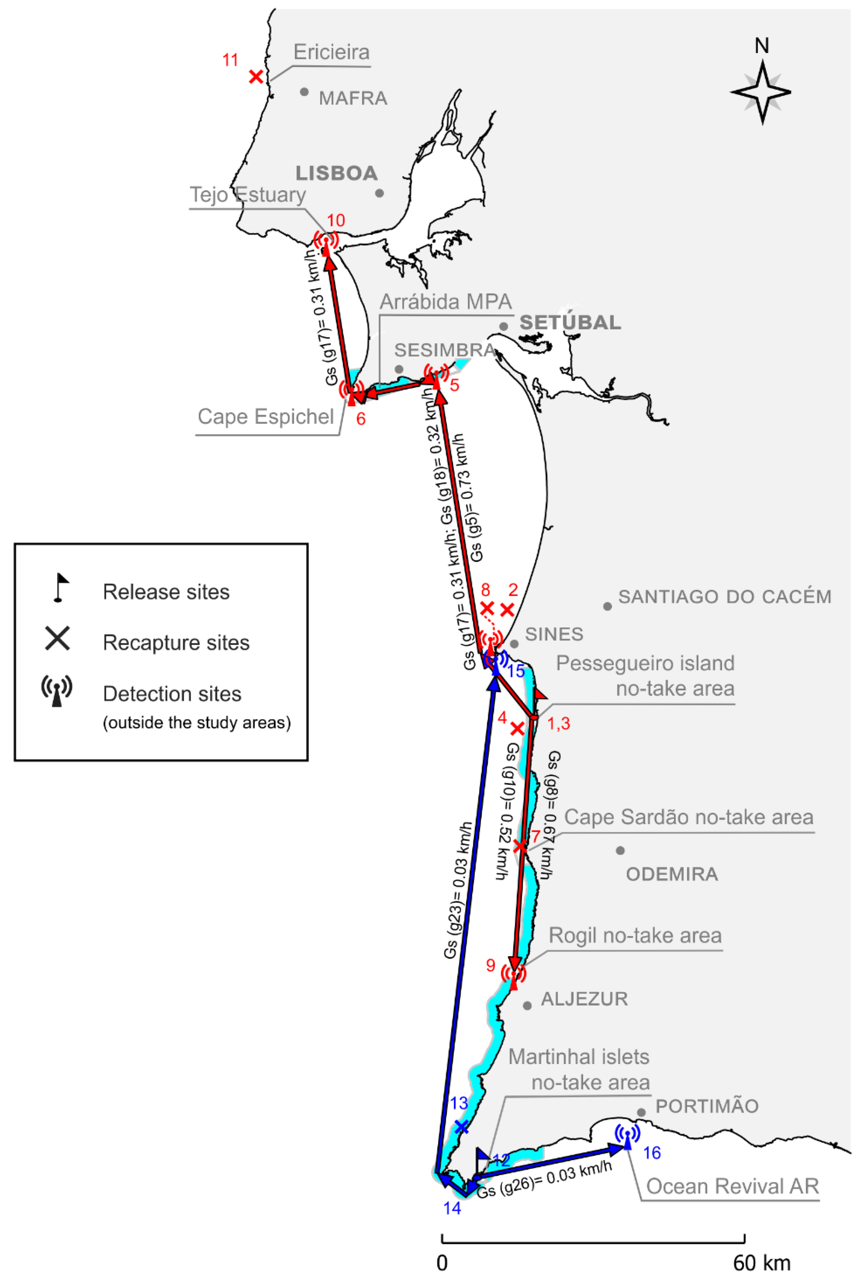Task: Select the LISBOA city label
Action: point(337,173)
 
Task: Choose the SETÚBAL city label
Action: point(570,322)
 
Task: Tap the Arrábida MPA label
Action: point(445,302)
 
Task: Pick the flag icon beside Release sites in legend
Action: point(60,588)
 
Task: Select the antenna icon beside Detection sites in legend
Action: point(56,691)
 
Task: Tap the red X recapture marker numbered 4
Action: point(517,728)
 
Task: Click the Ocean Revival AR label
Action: point(732,1187)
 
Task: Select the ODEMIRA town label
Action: point(672,874)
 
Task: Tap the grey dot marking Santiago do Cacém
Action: point(607,606)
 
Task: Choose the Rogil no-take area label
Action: point(635,936)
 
